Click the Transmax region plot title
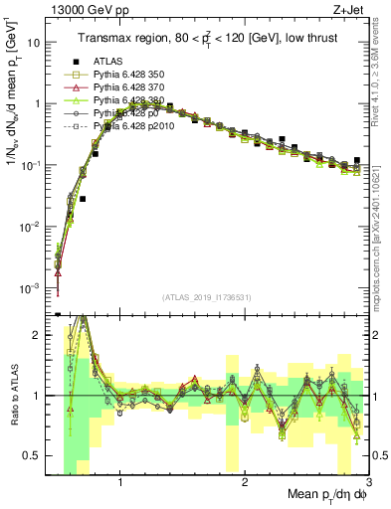coord(210,38)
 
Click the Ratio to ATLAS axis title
coord(12,395)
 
